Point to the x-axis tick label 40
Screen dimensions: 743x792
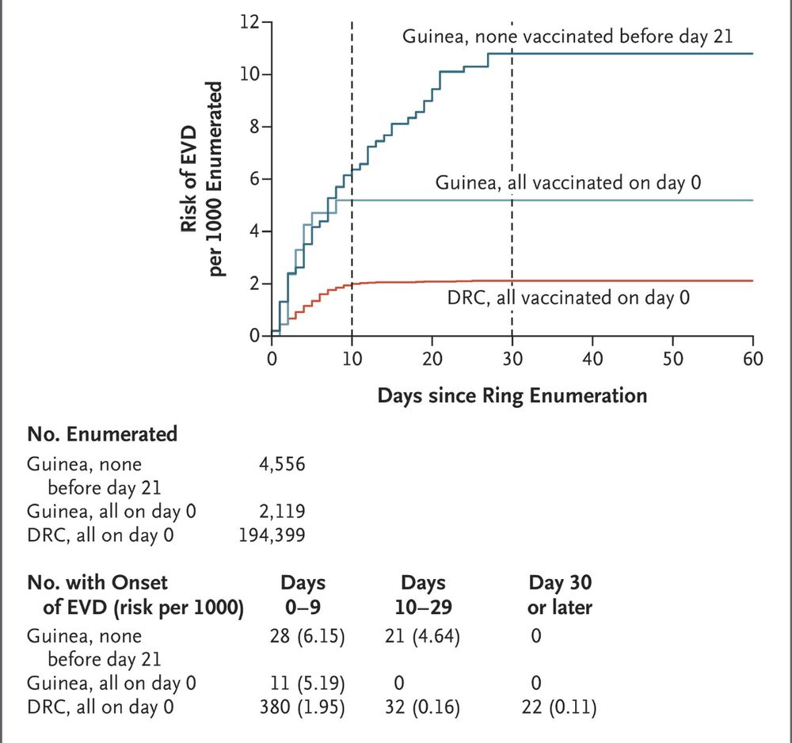click(x=592, y=359)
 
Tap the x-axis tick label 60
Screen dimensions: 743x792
click(x=752, y=359)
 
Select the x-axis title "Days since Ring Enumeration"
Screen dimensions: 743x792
click(x=512, y=394)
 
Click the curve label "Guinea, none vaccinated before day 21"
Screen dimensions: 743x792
click(x=567, y=36)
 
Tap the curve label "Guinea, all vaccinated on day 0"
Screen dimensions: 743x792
click(x=569, y=183)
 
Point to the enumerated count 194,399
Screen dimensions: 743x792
click(x=272, y=535)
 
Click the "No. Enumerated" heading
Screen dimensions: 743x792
click(x=102, y=434)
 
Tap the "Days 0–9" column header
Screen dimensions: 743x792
click(x=304, y=596)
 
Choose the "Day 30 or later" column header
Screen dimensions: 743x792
click(x=560, y=596)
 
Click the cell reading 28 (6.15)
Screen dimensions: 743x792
click(x=305, y=636)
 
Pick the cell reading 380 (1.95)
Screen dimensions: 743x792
click(x=304, y=706)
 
